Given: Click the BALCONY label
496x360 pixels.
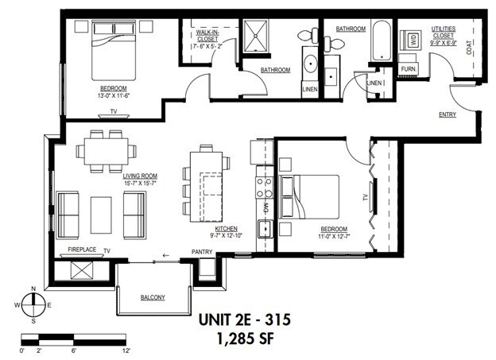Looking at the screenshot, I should (153, 297).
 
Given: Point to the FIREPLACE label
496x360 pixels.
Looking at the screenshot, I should (82, 250).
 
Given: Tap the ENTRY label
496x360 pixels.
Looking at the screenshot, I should (448, 115).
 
